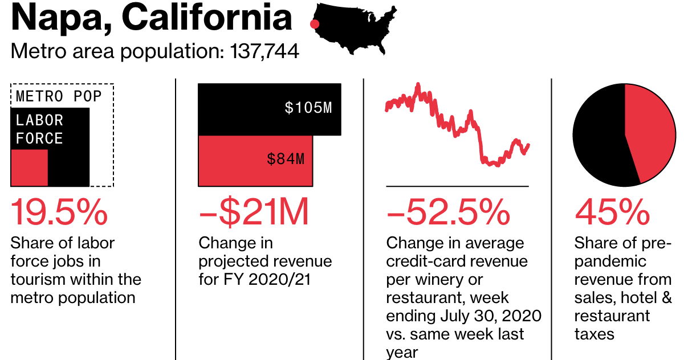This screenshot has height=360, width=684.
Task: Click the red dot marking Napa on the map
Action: (313, 24)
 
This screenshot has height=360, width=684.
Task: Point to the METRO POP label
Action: (59, 96)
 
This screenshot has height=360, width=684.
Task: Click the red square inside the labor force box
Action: (30, 168)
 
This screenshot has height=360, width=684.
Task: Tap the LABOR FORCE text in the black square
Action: (39, 129)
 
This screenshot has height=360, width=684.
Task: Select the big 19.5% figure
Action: (59, 212)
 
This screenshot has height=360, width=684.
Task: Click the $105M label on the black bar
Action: (308, 108)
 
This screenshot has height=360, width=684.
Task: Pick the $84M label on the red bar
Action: (286, 159)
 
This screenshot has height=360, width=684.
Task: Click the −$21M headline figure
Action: (254, 212)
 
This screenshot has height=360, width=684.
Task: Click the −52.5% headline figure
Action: (448, 212)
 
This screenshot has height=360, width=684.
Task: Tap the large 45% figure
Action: (612, 212)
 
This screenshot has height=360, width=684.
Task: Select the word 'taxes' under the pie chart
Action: (595, 334)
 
